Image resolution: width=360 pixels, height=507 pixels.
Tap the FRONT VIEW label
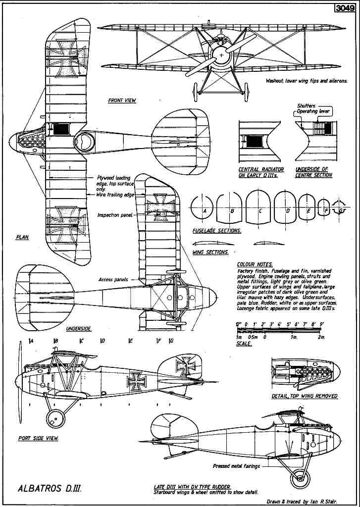click(122, 101)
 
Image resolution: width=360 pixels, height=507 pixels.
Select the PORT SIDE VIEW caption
click(38, 438)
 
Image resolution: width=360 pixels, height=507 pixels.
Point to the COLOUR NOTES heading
click(255, 265)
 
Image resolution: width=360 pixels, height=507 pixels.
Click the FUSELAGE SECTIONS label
click(216, 231)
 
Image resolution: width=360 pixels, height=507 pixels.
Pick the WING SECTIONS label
click(210, 252)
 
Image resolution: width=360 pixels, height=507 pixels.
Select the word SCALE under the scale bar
click(244, 344)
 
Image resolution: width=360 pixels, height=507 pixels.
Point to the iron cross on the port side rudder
click(186, 366)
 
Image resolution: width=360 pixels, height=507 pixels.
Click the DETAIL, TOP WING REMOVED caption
click(305, 396)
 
